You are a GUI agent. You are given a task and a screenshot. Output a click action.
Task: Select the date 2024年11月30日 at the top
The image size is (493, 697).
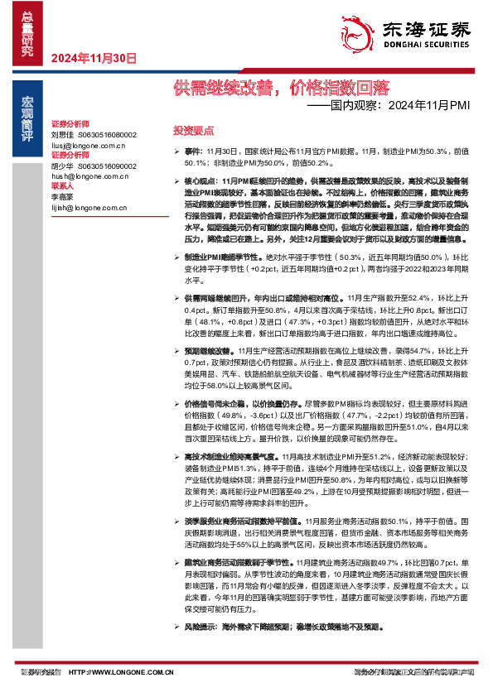point(93,58)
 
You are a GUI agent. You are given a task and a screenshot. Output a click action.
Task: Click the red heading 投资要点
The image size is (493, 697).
point(192,130)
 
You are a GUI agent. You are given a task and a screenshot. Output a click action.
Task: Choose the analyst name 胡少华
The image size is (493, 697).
point(62,166)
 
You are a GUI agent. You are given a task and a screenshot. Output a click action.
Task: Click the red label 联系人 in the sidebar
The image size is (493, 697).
point(62,186)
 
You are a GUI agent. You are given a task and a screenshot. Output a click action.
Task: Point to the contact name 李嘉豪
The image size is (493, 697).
point(62,197)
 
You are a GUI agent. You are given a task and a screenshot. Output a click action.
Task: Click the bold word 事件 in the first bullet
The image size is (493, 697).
point(192,152)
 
